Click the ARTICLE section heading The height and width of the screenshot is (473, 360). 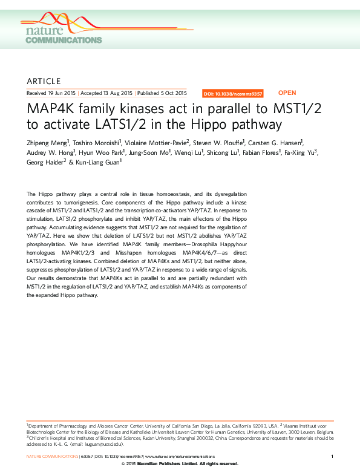pyautogui.click(x=44, y=81)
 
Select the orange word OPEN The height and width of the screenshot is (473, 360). pyautogui.click(x=287, y=93)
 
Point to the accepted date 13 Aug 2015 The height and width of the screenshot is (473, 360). pyautogui.click(x=106, y=94)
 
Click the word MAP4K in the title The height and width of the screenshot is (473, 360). pyautogui.click(x=51, y=111)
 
